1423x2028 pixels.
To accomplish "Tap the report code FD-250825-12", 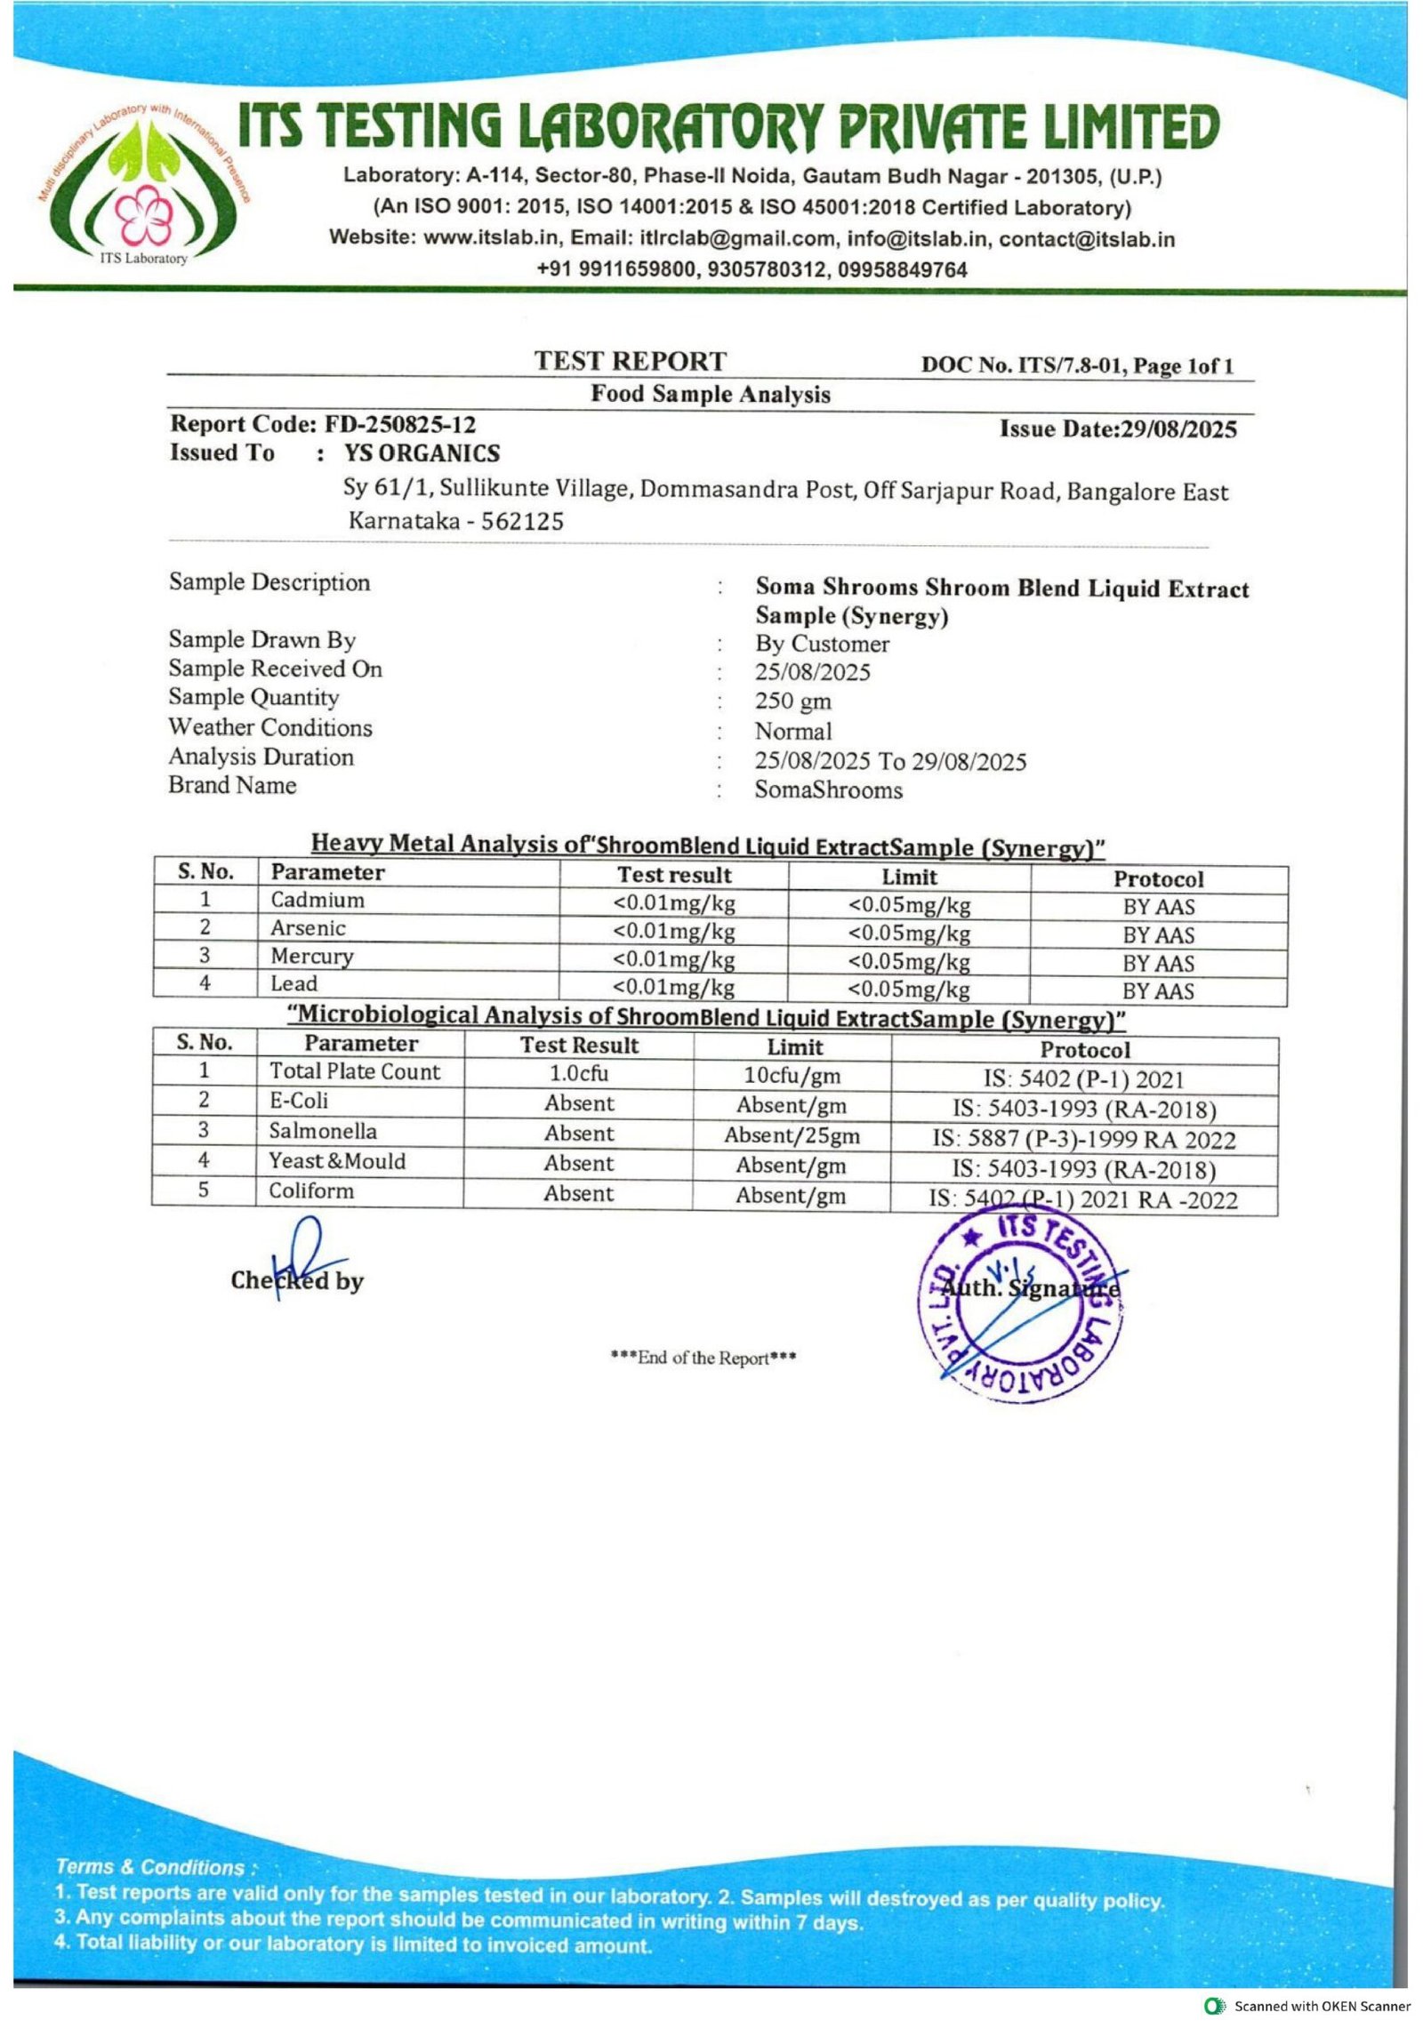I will click(399, 424).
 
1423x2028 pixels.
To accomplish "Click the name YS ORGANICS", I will click(422, 453).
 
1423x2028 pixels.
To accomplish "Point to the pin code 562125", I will click(522, 521).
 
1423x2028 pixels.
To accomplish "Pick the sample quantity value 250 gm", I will click(793, 701).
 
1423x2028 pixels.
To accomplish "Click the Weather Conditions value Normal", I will click(793, 732).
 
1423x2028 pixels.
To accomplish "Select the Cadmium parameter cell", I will click(318, 900).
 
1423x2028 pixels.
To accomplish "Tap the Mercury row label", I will click(312, 956).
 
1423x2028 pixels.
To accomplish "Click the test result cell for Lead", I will click(674, 988).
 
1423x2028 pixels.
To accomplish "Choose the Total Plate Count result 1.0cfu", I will click(579, 1073).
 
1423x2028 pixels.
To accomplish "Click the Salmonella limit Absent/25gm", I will click(792, 1135).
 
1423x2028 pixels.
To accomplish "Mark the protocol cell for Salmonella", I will click(1083, 1140).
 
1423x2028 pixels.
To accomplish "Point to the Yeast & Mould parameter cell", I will click(337, 1161).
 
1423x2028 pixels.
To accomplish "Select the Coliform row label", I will click(311, 1190).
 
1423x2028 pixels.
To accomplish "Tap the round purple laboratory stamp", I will click(1020, 1303).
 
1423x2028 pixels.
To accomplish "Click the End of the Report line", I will click(703, 1358).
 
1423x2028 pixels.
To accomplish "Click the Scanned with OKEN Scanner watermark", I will click(1307, 2006).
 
